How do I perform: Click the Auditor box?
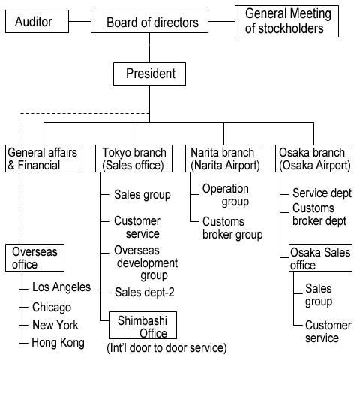[37, 22]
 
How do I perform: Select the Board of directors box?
[149, 22]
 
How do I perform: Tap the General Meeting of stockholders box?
[286, 22]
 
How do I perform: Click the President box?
[149, 73]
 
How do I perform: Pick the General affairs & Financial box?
[43, 158]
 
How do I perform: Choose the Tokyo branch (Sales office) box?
[134, 158]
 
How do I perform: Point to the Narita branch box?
[223, 158]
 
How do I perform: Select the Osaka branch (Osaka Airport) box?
[313, 158]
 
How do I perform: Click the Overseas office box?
[34, 257]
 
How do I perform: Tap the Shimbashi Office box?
[142, 325]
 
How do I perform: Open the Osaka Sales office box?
[320, 257]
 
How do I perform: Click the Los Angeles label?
[61, 287]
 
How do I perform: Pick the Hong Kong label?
[58, 343]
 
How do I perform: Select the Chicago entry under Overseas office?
[52, 307]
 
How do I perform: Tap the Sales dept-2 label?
[145, 292]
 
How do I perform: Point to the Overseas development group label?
[146, 263]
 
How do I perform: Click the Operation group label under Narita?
[226, 195]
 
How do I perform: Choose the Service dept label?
[322, 193]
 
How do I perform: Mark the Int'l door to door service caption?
[166, 348]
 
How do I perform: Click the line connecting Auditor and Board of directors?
[79, 21]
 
